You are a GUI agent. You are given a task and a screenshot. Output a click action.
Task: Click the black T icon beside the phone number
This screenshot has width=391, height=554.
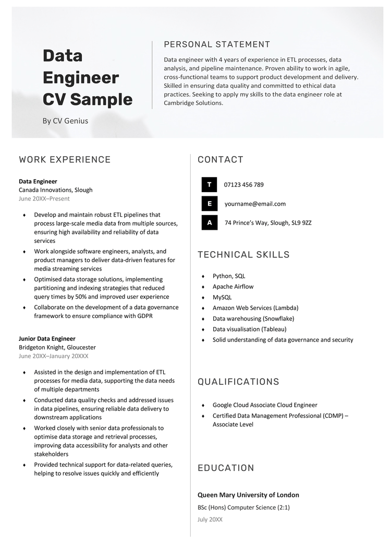(x=209, y=185)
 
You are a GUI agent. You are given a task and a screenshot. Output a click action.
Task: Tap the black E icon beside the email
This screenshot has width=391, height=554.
(x=209, y=204)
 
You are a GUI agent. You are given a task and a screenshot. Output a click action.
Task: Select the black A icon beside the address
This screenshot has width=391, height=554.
(x=209, y=223)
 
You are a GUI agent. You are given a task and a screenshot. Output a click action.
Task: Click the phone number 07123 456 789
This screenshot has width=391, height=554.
(x=243, y=185)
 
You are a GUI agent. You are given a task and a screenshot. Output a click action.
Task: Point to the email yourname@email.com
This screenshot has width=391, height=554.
(x=255, y=204)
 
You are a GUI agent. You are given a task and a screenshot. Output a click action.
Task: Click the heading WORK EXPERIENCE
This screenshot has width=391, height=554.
(x=65, y=160)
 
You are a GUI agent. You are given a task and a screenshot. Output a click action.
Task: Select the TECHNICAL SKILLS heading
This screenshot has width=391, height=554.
(x=243, y=255)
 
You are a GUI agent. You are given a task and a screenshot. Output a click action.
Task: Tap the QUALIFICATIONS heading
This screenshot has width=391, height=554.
(x=238, y=382)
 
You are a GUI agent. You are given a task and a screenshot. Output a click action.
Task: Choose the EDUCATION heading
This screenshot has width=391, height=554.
(x=226, y=468)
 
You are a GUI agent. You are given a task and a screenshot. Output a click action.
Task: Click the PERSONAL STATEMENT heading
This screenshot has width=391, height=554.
(x=217, y=44)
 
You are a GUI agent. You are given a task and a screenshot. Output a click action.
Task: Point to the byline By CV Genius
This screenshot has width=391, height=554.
(x=65, y=121)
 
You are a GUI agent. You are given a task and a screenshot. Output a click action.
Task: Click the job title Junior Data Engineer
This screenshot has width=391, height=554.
(x=47, y=338)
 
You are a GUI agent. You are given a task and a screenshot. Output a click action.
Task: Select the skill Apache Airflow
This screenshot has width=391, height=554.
(x=233, y=287)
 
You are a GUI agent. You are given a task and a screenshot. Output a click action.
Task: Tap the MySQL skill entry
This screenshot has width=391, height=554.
(x=222, y=297)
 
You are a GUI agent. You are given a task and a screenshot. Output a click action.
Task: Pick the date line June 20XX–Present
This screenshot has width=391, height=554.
(x=44, y=198)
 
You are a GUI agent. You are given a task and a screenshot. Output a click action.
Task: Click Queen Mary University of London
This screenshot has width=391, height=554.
(x=248, y=495)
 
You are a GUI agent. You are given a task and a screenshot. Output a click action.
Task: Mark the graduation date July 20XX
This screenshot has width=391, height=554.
(x=210, y=520)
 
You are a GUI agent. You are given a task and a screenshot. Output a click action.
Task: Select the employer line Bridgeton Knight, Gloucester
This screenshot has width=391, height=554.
(x=57, y=347)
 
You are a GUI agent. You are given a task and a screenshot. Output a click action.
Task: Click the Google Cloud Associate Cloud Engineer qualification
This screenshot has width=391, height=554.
(x=265, y=405)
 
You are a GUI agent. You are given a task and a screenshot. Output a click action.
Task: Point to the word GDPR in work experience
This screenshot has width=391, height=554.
(x=143, y=316)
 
